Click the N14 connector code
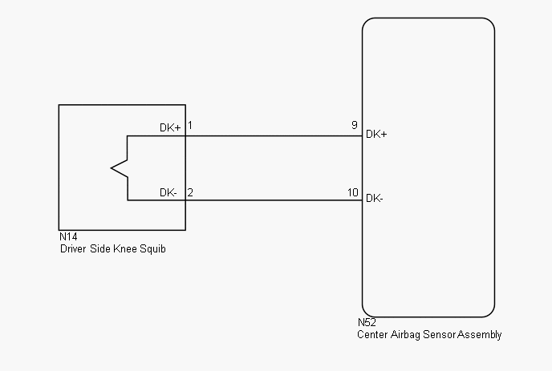coord(68,236)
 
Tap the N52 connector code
coord(367,322)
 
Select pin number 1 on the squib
coord(190,125)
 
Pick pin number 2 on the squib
coord(190,192)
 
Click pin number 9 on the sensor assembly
coord(354,125)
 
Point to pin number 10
coord(353,192)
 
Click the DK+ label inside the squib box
coord(170,127)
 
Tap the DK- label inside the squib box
coord(168,192)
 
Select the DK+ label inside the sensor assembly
coord(376,134)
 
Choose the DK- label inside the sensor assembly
coord(375,199)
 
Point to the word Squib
coord(152,249)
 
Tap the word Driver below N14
coord(73,248)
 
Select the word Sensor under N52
coord(440,334)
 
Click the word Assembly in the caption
coord(480,335)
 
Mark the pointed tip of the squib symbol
coord(112,168)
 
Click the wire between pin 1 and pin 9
coord(274,135)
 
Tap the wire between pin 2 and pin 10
coord(274,200)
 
